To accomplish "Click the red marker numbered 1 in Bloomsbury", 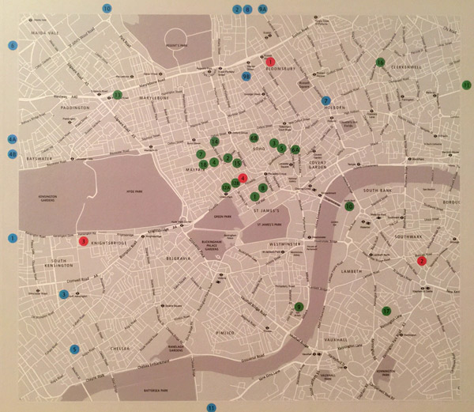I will [270, 62].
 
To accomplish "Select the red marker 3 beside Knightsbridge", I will [84, 241].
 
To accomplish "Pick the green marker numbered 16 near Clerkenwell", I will [380, 62].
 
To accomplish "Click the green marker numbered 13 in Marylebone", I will [117, 95].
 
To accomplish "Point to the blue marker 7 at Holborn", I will [325, 100].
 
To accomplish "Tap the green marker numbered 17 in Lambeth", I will [386, 311].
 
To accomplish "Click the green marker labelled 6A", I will [295, 150].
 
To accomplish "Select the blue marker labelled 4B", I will [12, 154].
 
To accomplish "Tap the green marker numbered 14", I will [215, 142].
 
